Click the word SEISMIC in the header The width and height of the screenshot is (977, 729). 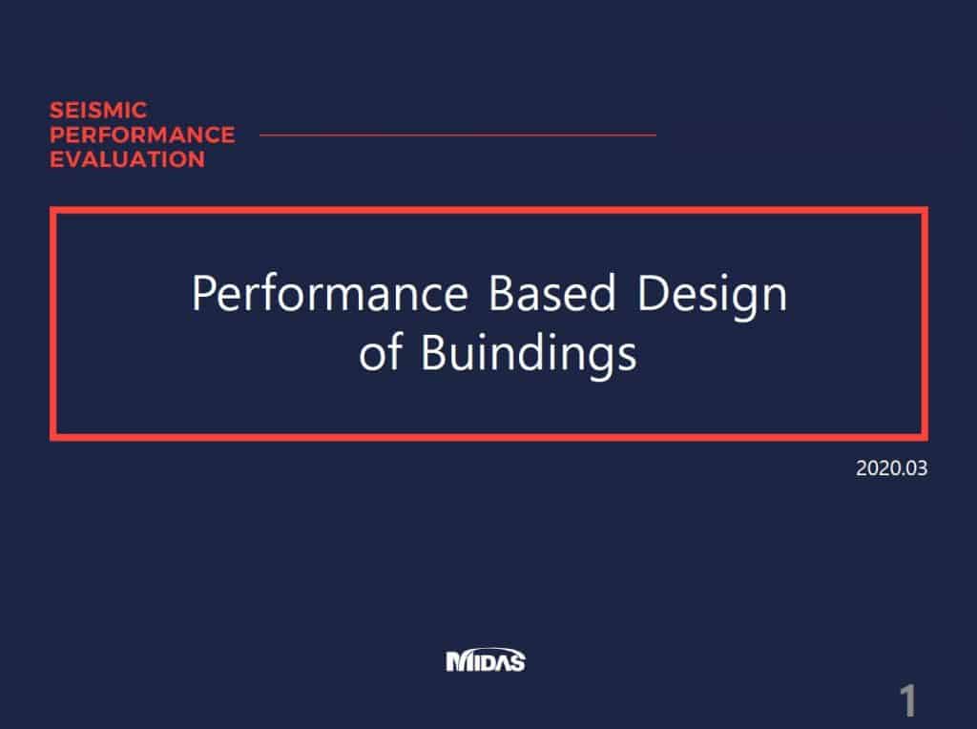[x=98, y=111]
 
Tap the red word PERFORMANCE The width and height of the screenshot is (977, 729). [x=142, y=135]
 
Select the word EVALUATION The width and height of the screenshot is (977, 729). [x=127, y=159]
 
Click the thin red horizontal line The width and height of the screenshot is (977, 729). [x=457, y=135]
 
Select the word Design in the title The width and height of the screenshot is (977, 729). [x=712, y=294]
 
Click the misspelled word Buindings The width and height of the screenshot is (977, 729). [x=529, y=353]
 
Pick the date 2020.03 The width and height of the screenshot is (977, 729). [x=892, y=469]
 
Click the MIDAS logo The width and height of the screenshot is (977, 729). [x=486, y=660]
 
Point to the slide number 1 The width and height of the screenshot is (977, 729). [x=908, y=701]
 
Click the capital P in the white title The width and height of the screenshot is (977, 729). [x=203, y=294]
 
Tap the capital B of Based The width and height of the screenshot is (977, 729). [x=501, y=294]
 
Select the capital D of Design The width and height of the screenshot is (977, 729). [x=654, y=294]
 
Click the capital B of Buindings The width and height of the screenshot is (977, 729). [x=434, y=353]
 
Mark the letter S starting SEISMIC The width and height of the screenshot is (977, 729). [x=56, y=111]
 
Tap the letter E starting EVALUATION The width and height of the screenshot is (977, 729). [x=56, y=159]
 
